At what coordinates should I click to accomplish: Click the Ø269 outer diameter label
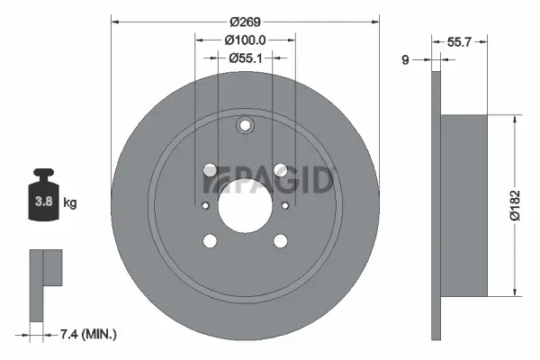(244, 21)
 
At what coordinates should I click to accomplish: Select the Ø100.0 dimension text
(244, 40)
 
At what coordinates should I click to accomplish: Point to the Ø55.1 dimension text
(244, 58)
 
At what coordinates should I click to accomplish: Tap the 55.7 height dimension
(460, 41)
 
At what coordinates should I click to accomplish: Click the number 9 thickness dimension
(406, 60)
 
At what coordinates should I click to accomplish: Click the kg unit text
(70, 203)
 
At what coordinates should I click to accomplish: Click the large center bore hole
(245, 204)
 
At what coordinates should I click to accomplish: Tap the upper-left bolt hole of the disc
(210, 169)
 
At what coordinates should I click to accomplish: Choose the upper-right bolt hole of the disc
(280, 169)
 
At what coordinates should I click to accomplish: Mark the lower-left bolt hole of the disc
(210, 240)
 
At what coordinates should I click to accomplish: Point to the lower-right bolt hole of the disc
(280, 240)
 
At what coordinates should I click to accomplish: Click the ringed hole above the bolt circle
(245, 127)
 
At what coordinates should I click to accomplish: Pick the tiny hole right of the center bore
(285, 205)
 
